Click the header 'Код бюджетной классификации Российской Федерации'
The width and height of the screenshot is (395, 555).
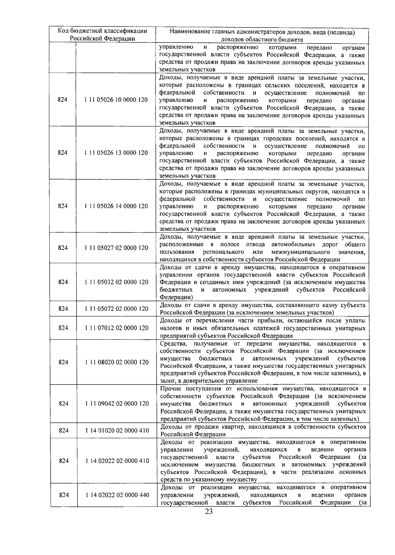pos(102,35)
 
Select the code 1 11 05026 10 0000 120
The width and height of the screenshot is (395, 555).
pos(116,100)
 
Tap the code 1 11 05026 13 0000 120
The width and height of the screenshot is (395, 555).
pos(116,153)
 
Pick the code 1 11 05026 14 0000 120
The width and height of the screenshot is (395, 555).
pos(116,206)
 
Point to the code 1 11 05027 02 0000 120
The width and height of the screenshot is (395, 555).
pos(116,248)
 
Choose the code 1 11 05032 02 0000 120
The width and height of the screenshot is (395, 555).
pos(116,282)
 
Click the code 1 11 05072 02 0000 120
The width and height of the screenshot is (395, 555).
pos(116,309)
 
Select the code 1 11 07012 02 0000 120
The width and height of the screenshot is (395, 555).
pos(116,328)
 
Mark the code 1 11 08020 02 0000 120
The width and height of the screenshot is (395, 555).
pos(117,362)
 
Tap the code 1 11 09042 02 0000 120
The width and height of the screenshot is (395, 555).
pos(117,404)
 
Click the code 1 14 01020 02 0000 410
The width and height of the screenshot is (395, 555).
pos(117,431)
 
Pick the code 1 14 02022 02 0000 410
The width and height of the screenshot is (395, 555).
pos(117,461)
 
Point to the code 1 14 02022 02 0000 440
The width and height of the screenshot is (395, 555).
pos(117,495)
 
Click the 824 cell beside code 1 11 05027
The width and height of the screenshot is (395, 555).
pos(63,248)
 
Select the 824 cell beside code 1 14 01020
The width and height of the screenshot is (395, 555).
pos(64,431)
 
